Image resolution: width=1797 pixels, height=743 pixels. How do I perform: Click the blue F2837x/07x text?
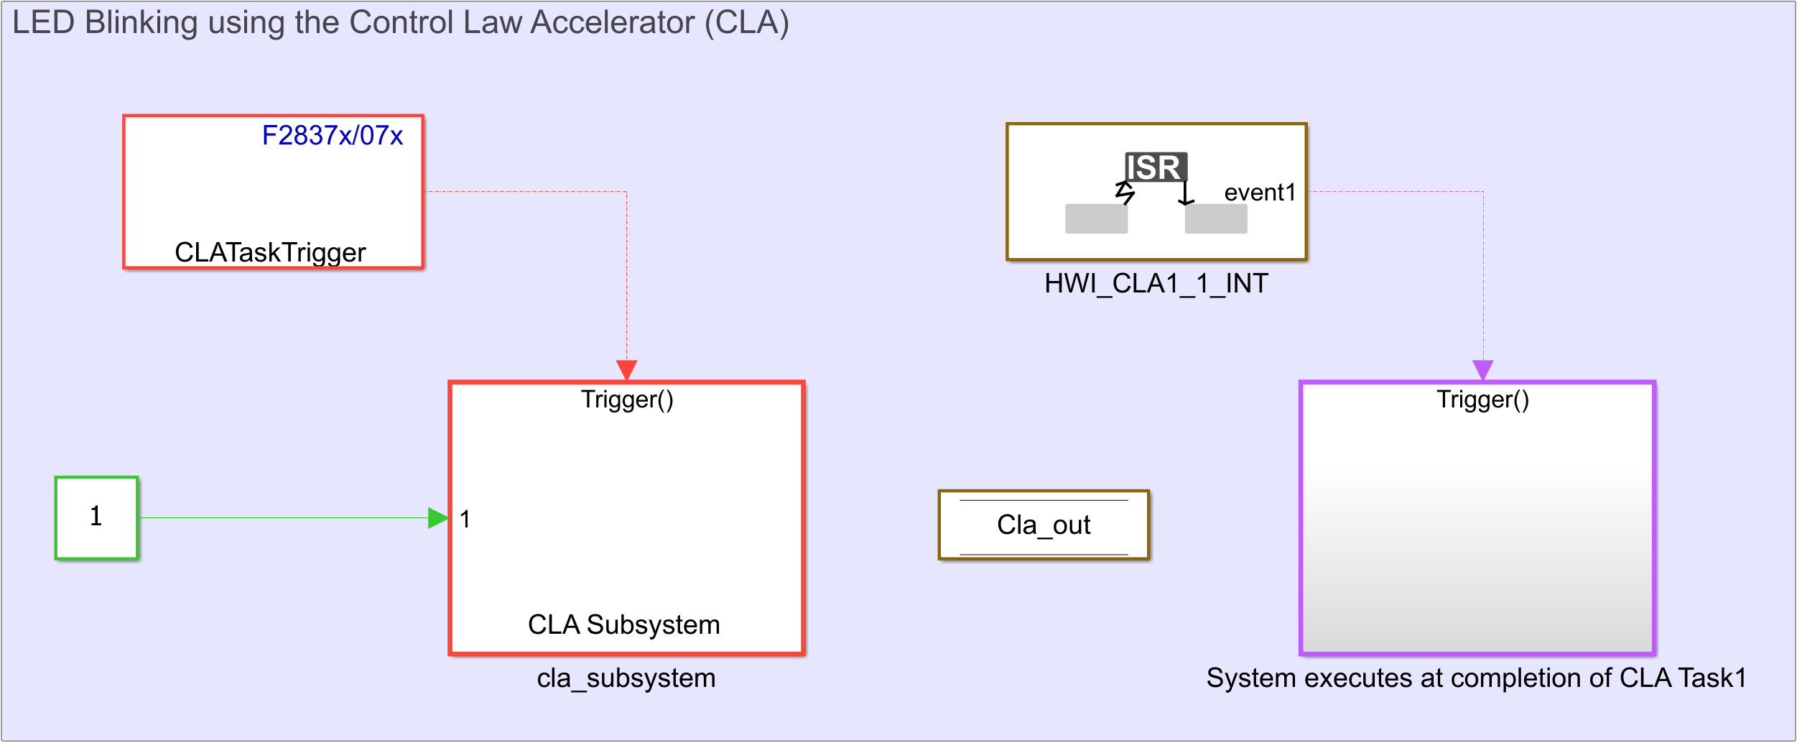[332, 136]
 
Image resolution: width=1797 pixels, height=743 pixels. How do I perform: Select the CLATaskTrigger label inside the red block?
[270, 253]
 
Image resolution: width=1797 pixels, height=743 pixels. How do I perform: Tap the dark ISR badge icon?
[1156, 167]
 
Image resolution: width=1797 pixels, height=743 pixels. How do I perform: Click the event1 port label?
[1260, 193]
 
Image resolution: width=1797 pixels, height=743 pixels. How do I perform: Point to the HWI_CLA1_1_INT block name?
[1156, 284]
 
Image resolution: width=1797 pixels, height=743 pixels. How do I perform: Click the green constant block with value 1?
[97, 517]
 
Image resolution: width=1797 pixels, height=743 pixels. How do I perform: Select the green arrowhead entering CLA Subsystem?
[439, 518]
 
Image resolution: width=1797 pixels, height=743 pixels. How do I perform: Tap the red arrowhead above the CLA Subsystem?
[627, 370]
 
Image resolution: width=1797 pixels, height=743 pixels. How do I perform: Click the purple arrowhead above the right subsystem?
[1483, 370]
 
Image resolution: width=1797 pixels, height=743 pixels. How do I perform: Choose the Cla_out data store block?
[1044, 525]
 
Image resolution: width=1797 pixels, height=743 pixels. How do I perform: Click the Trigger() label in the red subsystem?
[627, 400]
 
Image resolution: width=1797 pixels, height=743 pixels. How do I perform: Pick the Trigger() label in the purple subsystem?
[1483, 400]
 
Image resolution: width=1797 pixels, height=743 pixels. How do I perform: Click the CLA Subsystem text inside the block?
[624, 625]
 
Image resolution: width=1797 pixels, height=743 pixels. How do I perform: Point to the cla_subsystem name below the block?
[626, 678]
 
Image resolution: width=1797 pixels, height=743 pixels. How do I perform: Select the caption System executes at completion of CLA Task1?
[1477, 678]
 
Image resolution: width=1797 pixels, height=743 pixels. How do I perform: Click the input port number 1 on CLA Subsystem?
[465, 519]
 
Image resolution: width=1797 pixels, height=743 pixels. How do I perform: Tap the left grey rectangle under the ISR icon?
[1096, 218]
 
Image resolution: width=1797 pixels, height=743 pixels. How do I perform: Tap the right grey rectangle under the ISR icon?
[1216, 218]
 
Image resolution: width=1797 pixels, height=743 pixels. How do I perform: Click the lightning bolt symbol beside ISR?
[1125, 192]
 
